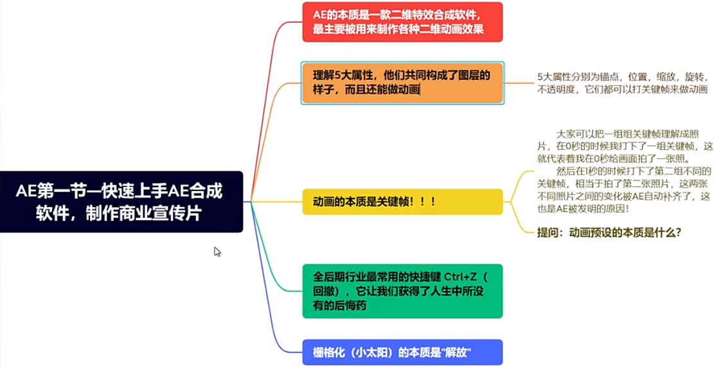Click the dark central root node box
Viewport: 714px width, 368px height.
pyautogui.click(x=121, y=201)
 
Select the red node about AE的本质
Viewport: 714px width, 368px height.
pyautogui.click(x=402, y=22)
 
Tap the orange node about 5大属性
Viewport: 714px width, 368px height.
pyautogui.click(x=402, y=82)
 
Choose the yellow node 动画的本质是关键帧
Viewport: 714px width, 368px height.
pyautogui.click(x=402, y=201)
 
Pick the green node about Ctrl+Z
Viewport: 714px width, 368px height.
pyautogui.click(x=402, y=291)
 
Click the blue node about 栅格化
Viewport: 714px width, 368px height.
pyautogui.click(x=402, y=353)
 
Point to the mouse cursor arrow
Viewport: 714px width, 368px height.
pyautogui.click(x=217, y=252)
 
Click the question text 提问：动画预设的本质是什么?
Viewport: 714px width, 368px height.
pyautogui.click(x=609, y=232)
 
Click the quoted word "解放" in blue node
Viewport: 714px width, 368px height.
pyautogui.click(x=456, y=353)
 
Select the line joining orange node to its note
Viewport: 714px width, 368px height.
pyautogui.click(x=519, y=83)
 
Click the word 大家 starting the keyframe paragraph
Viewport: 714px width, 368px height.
pyautogui.click(x=566, y=134)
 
